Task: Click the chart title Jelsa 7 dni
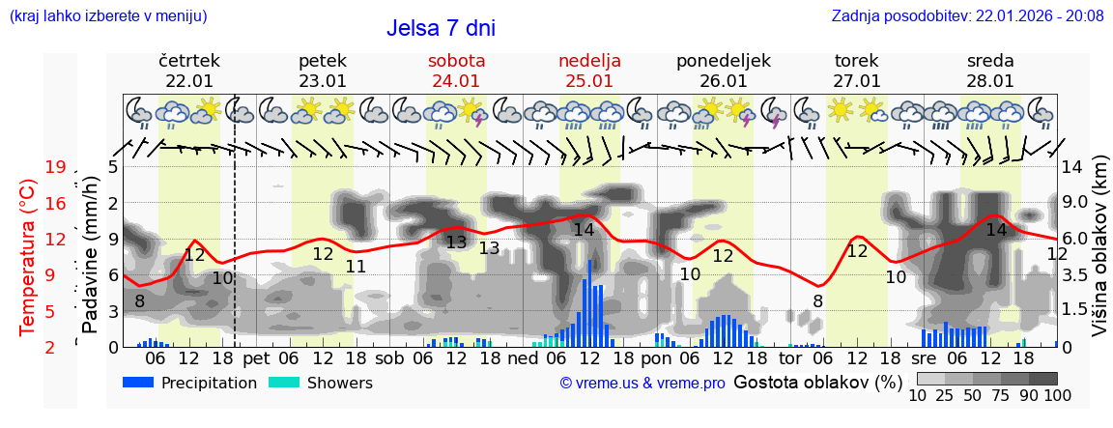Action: tap(441, 28)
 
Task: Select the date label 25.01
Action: tap(589, 81)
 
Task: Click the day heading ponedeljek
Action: tap(723, 61)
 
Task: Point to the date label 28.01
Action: tap(990, 81)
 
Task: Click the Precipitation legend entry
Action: tap(190, 384)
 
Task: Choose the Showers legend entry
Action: tap(320, 384)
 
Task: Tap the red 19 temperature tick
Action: tap(56, 167)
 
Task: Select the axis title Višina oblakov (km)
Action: tap(1099, 256)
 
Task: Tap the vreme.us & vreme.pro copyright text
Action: tap(642, 384)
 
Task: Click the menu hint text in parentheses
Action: tap(107, 15)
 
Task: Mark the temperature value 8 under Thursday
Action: tap(139, 301)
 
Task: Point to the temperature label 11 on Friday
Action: tap(356, 267)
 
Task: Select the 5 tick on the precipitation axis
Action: tap(113, 167)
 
